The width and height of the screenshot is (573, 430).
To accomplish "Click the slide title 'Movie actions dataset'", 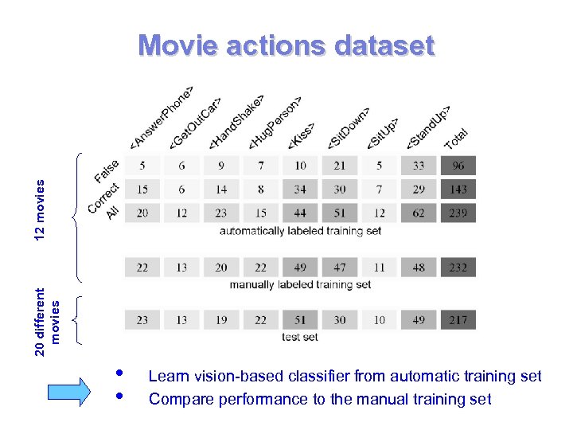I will pyautogui.click(x=286, y=45).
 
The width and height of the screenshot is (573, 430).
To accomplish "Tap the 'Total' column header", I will pyautogui.click(x=456, y=139).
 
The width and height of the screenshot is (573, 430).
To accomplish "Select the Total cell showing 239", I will pyautogui.click(x=458, y=213).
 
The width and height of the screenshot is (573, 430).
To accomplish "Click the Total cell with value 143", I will pyautogui.click(x=458, y=190).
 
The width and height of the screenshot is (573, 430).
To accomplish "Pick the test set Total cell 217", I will pyautogui.click(x=458, y=320).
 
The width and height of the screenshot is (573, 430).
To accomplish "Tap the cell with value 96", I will pyautogui.click(x=458, y=166).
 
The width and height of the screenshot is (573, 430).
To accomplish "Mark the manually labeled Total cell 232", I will pyautogui.click(x=458, y=268).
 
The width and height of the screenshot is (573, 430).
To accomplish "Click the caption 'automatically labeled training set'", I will pyautogui.click(x=300, y=231).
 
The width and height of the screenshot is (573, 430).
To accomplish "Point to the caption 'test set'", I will pyautogui.click(x=300, y=337).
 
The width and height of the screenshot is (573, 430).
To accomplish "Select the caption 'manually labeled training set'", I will pyautogui.click(x=300, y=284).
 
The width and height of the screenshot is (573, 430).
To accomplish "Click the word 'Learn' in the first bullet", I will pyautogui.click(x=166, y=376).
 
